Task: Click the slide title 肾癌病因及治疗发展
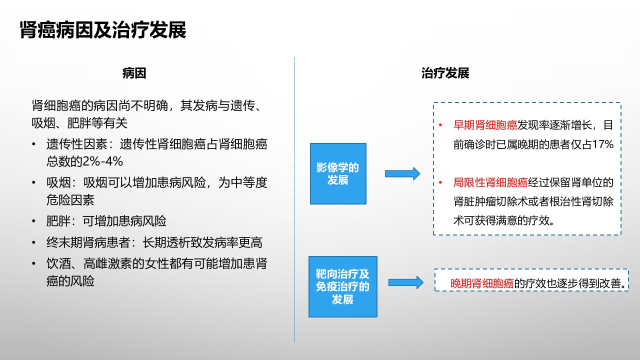click(x=103, y=29)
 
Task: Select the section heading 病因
click(x=134, y=73)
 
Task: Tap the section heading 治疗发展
click(x=445, y=73)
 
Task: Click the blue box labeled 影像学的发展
click(x=338, y=173)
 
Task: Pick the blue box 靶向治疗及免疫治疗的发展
click(x=343, y=286)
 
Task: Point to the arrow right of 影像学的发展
click(x=402, y=173)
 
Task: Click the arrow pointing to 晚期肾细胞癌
click(x=405, y=282)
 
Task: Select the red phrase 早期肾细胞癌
click(x=485, y=125)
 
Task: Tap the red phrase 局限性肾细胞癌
click(x=490, y=182)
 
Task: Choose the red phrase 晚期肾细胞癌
click(x=482, y=283)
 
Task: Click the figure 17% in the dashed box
click(x=603, y=144)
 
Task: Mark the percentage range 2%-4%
click(x=102, y=161)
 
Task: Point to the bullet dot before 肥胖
click(x=33, y=221)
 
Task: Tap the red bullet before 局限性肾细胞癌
click(x=440, y=182)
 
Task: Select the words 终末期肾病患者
click(x=88, y=242)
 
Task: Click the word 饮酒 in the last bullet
click(x=58, y=263)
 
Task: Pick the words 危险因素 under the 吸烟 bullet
click(x=70, y=200)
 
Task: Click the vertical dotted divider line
click(x=294, y=199)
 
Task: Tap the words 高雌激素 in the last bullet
click(x=107, y=263)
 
